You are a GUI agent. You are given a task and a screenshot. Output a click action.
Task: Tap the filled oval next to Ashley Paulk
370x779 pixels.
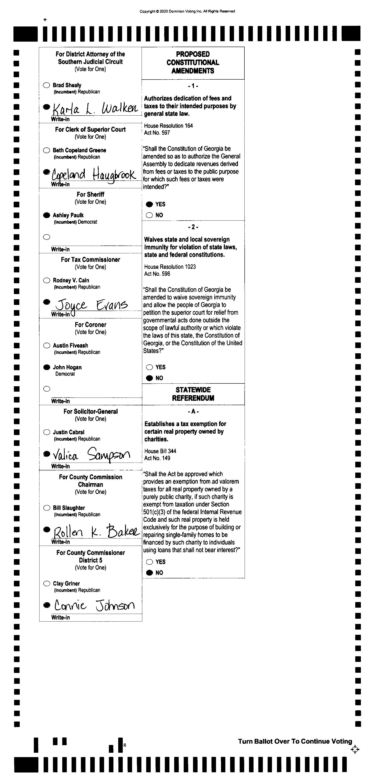(x=47, y=215)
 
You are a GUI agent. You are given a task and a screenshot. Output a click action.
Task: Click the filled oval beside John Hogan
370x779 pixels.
(x=47, y=367)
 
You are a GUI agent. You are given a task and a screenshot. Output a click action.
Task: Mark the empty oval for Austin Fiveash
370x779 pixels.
(x=47, y=345)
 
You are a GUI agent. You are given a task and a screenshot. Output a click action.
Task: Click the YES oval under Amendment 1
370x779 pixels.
(x=149, y=205)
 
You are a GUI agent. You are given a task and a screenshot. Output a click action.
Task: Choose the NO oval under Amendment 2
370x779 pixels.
(x=149, y=378)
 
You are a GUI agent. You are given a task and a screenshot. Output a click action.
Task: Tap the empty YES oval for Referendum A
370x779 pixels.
(x=149, y=562)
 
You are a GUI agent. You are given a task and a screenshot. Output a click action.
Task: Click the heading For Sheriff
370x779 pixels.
(x=90, y=195)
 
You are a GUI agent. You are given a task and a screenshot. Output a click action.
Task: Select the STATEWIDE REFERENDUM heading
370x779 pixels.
(x=193, y=394)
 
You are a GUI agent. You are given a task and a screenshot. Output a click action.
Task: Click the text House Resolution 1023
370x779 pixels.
(x=170, y=267)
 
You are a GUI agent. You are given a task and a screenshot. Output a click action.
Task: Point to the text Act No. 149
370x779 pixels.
(x=157, y=458)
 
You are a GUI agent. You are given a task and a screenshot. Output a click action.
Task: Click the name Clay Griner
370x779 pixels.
(x=66, y=583)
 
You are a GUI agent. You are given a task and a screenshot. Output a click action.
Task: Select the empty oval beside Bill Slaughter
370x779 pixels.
(x=47, y=508)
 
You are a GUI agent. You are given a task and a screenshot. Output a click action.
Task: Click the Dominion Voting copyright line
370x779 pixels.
(x=187, y=11)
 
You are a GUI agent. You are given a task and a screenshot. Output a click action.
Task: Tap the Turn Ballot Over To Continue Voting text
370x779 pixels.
(x=295, y=741)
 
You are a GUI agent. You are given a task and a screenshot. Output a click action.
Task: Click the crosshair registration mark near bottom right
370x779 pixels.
(x=355, y=749)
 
